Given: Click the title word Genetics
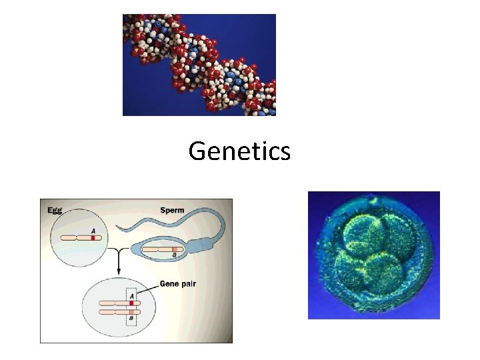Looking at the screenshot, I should [x=239, y=151].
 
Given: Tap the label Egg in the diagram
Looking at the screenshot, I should [x=55, y=209].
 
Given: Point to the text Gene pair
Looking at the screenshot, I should [x=177, y=284].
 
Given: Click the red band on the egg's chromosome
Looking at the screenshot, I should [x=93, y=237].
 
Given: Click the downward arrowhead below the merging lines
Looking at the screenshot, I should [x=119, y=272].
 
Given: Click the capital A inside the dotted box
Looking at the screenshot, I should [x=131, y=295].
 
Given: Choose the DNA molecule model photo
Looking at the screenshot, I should [x=199, y=65].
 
